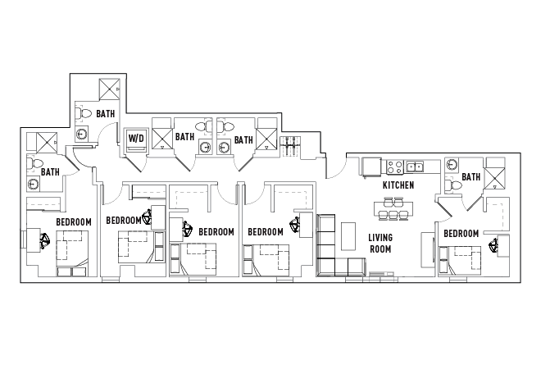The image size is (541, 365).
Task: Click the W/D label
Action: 135,138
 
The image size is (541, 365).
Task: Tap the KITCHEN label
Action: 398,186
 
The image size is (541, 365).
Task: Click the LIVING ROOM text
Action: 380,242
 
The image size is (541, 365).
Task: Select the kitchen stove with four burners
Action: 394,167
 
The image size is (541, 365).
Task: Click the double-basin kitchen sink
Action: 415,167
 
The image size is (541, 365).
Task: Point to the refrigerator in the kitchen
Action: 372,167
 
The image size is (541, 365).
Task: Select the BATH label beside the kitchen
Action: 471,177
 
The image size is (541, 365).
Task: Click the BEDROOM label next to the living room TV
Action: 461,234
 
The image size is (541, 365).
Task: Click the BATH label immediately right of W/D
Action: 185,137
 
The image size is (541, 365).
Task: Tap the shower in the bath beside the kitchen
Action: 494,176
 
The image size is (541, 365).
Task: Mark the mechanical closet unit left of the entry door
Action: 290,148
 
